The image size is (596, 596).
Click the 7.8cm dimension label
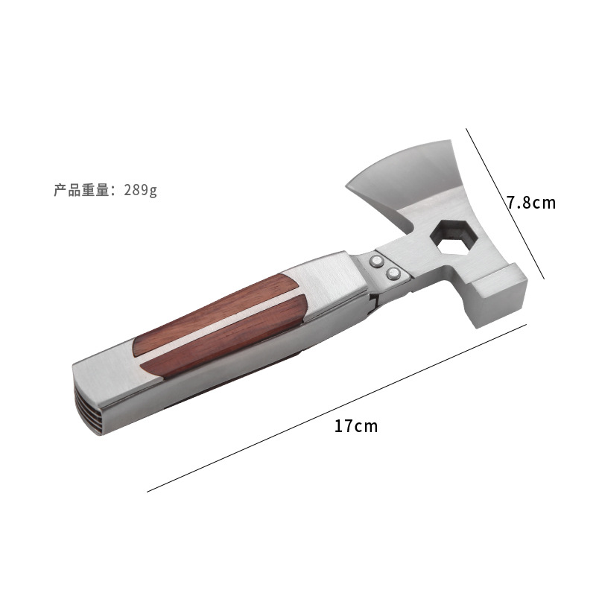click(x=531, y=203)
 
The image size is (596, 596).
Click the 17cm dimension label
click(x=356, y=426)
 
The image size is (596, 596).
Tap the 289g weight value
click(x=140, y=190)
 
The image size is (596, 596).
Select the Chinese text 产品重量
click(x=82, y=190)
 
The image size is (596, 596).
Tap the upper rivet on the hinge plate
click(x=378, y=261)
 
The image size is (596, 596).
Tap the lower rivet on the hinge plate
click(x=393, y=273)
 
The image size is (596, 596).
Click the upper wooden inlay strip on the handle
click(x=214, y=314)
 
